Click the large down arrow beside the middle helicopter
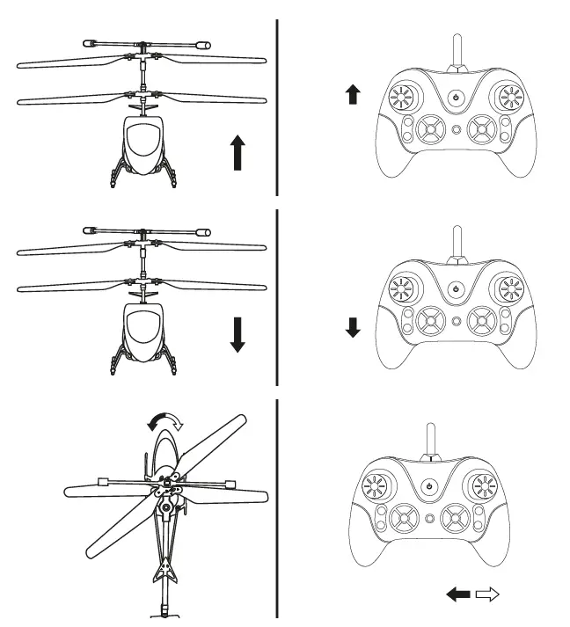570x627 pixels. coord(237,334)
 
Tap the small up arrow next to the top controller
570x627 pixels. coord(354,95)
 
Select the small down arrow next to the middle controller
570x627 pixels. coord(354,328)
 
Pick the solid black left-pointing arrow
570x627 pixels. coord(458,595)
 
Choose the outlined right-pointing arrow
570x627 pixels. coord(487,595)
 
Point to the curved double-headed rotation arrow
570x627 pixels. coord(165,423)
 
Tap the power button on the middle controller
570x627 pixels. coord(456,288)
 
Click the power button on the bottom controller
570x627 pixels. coord(428,485)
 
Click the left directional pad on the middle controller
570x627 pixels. coord(430,318)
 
